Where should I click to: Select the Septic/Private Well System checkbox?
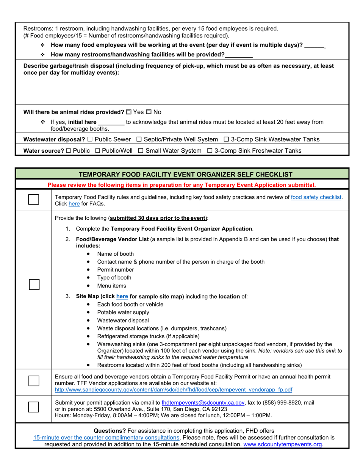coord(139,139)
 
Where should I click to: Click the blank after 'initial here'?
coord(111,122)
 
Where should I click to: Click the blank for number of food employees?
coord(315,45)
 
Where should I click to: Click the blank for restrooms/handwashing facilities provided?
coord(239,55)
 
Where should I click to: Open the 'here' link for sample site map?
coord(122,296)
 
